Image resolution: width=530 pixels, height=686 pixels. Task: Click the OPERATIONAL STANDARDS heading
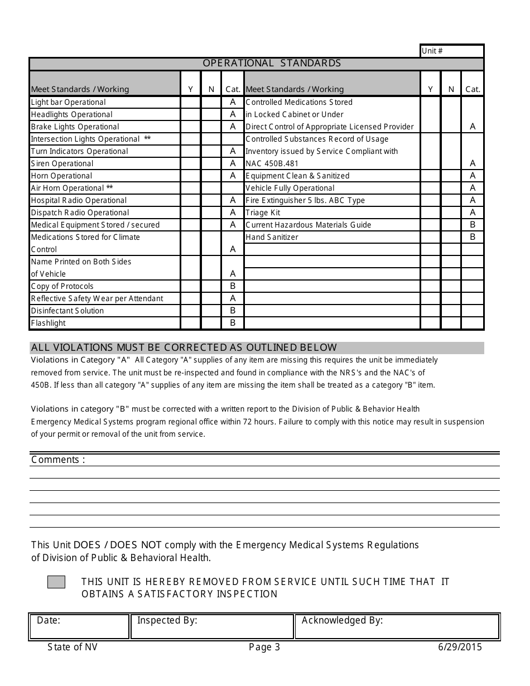click(x=272, y=63)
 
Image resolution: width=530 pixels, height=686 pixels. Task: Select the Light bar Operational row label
click(x=68, y=102)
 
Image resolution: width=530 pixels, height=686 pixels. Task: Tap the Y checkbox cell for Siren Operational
click(x=190, y=163)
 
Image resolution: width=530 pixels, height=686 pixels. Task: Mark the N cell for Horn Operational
click(x=211, y=176)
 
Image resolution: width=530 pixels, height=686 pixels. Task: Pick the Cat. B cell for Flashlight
click(x=233, y=323)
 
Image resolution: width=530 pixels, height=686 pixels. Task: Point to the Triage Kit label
click(x=263, y=212)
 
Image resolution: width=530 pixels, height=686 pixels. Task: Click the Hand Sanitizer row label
click(x=272, y=237)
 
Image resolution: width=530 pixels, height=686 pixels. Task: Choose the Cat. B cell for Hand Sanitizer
click(x=473, y=237)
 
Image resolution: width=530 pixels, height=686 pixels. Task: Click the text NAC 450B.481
click(x=272, y=163)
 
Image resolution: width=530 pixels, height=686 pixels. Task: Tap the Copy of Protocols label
click(x=62, y=286)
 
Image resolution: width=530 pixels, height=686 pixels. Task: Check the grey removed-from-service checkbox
click(x=56, y=582)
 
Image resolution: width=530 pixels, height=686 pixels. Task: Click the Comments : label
click(x=58, y=460)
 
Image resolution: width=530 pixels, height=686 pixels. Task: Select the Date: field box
click(x=79, y=626)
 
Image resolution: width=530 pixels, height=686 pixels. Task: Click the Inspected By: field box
click(x=212, y=626)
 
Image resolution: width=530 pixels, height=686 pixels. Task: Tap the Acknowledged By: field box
click(x=397, y=626)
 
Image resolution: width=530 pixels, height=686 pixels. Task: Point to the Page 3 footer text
click(x=264, y=647)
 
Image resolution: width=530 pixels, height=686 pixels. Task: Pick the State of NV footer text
click(x=73, y=647)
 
